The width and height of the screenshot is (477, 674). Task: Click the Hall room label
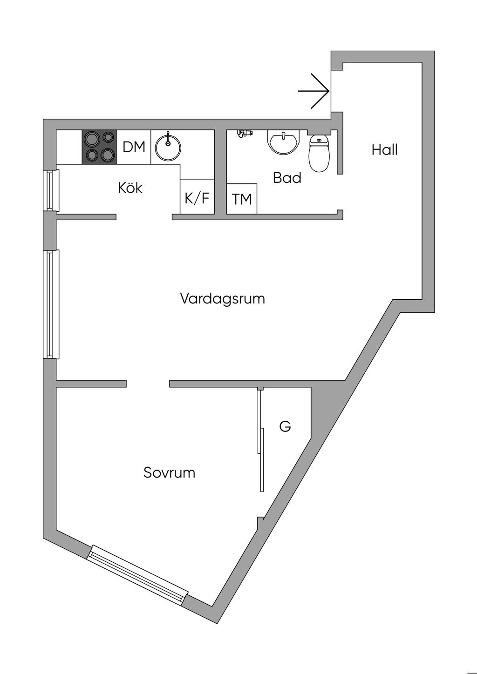click(385, 149)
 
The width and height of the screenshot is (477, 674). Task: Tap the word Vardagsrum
click(223, 298)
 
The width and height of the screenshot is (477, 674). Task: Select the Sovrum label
click(169, 472)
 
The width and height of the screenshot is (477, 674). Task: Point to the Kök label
click(130, 188)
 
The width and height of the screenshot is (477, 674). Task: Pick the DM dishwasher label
click(134, 147)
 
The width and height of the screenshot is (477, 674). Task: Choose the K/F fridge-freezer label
click(197, 198)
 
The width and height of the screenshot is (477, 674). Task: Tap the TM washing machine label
click(242, 199)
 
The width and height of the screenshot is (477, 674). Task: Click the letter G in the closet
click(285, 426)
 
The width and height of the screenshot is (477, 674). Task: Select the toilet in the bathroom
click(319, 154)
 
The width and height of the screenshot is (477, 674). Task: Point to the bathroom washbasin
click(283, 142)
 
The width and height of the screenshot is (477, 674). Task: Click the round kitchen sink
click(168, 148)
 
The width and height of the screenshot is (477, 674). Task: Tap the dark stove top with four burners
click(99, 147)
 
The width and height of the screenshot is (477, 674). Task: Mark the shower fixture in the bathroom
click(244, 133)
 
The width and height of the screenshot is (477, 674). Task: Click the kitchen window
click(52, 190)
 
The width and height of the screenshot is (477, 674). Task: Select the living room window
click(52, 304)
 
